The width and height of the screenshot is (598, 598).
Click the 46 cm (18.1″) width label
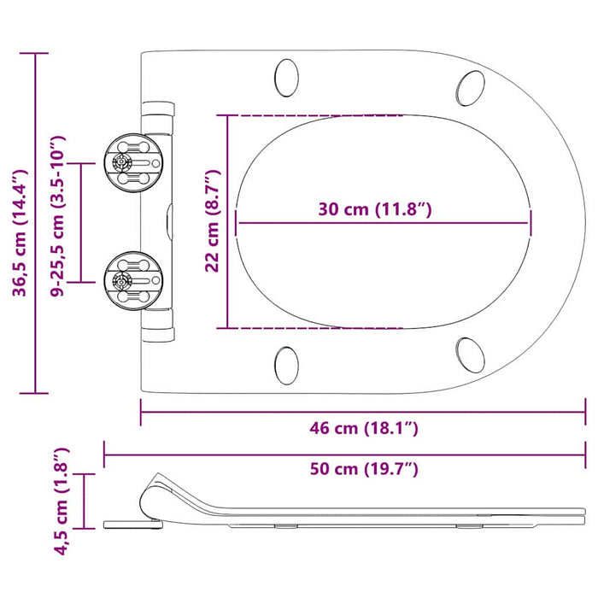(363, 428)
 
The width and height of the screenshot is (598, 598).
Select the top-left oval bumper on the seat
(287, 78)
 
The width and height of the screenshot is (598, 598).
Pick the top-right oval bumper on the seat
(471, 86)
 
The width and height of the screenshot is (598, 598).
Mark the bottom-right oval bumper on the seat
(471, 354)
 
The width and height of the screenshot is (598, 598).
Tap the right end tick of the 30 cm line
(530, 223)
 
